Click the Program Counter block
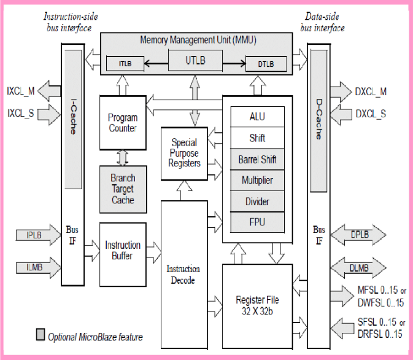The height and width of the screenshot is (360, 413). tap(122, 123)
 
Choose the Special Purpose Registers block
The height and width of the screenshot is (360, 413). tap(184, 154)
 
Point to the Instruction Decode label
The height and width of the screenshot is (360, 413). tap(183, 274)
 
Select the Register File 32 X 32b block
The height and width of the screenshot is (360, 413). tap(257, 305)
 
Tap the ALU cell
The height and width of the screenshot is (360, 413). tap(257, 117)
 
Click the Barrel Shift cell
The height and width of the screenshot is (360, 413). tap(257, 160)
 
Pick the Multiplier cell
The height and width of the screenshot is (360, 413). tap(257, 181)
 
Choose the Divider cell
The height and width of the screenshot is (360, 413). tap(257, 202)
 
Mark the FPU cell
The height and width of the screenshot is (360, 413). tap(257, 221)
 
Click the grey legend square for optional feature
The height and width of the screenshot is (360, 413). tap(41, 335)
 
